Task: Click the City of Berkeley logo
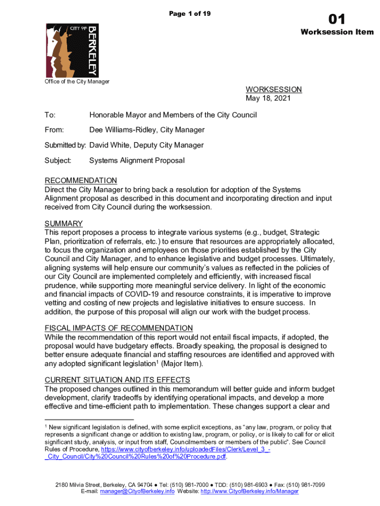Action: pyautogui.click(x=72, y=50)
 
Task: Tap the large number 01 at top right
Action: pyautogui.click(x=337, y=20)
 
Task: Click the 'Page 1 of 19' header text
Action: pyautogui.click(x=190, y=13)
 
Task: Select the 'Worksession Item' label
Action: pyautogui.click(x=337, y=33)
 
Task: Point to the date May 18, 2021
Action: pyautogui.click(x=268, y=98)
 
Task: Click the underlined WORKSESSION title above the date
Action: pyautogui.click(x=273, y=89)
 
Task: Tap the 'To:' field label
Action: pyautogui.click(x=50, y=115)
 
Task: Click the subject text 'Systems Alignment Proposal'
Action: pyautogui.click(x=137, y=161)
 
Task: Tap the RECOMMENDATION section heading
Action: pyautogui.click(x=81, y=181)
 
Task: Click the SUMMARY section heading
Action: pyautogui.click(x=64, y=223)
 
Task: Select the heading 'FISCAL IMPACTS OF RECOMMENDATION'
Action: pyautogui.click(x=118, y=328)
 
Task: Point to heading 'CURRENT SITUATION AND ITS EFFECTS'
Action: pyautogui.click(x=117, y=379)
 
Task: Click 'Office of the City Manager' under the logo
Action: pyautogui.click(x=77, y=82)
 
